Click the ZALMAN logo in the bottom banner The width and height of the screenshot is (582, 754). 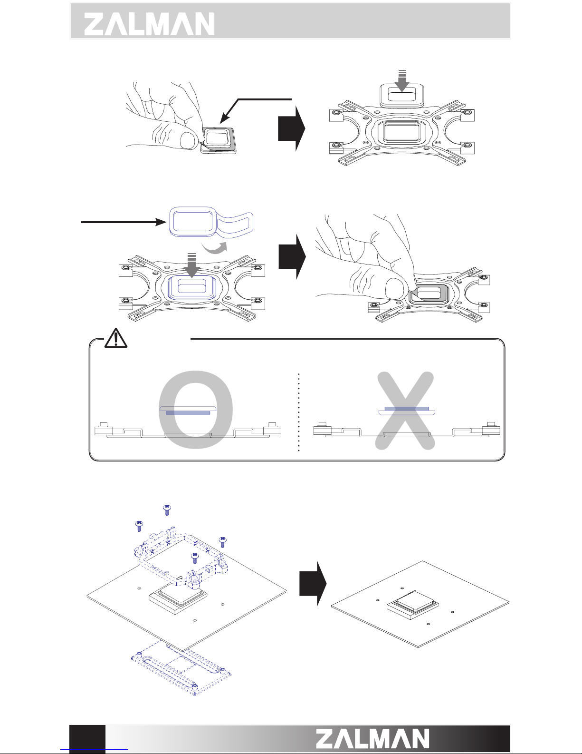373,739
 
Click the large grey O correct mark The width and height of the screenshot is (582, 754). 196,409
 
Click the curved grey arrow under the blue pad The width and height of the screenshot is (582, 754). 214,249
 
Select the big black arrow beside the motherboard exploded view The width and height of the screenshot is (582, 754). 312,584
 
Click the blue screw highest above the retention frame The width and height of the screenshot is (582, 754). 167,509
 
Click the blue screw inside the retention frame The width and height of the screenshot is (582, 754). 194,557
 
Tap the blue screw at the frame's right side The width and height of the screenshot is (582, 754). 222,541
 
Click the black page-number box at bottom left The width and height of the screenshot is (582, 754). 87,739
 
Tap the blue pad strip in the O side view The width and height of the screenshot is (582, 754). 188,412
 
